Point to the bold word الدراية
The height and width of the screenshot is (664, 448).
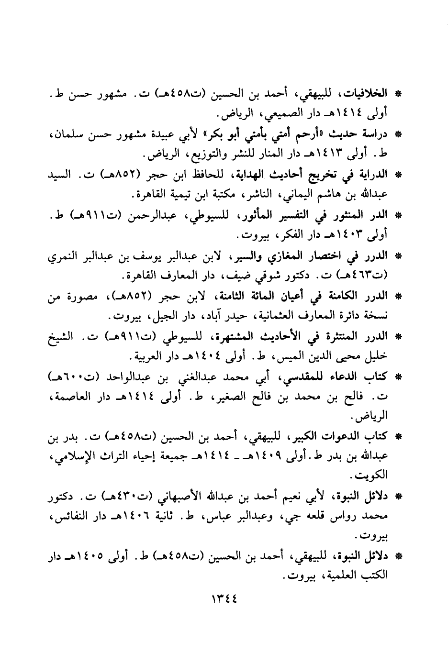(374, 175)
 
